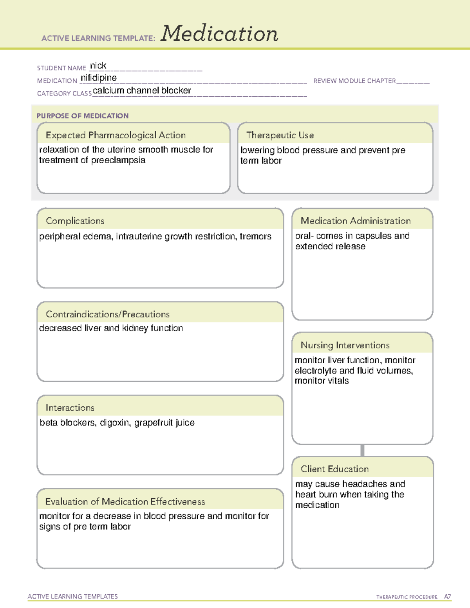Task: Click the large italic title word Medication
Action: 219,34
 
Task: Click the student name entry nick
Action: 98,66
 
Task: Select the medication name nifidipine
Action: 99,78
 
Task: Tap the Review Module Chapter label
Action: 354,81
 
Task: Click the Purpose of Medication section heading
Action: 82,116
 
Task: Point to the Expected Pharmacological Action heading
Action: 116,135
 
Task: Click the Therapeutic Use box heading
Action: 280,135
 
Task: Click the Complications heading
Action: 75,221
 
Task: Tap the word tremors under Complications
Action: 255,236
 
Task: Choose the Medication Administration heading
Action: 355,221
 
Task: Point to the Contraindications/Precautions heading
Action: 107,314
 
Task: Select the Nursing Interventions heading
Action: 345,345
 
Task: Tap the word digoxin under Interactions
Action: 115,423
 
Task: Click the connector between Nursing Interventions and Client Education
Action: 362,451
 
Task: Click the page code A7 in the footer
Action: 447,597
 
